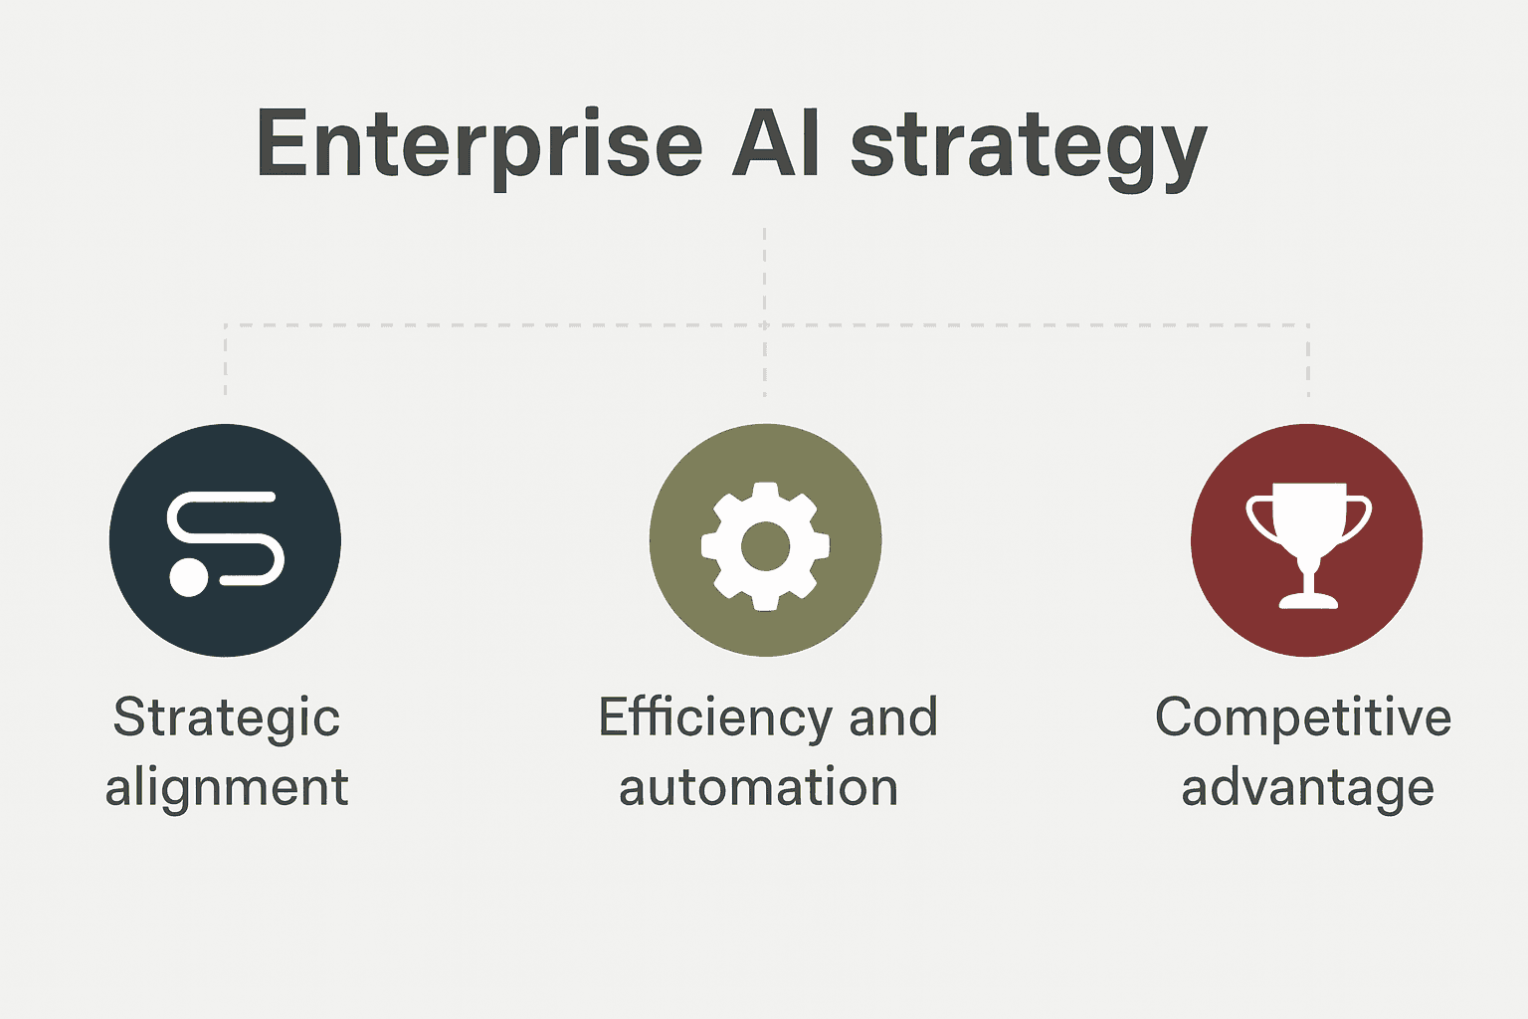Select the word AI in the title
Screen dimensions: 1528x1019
coord(775,142)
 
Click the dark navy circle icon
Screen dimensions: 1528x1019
coord(225,540)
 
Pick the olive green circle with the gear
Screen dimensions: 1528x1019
coord(765,540)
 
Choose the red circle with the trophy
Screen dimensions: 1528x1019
coord(1307,540)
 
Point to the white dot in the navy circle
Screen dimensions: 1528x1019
coord(188,577)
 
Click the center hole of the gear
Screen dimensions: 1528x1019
coord(765,546)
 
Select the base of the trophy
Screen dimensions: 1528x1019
coord(1308,601)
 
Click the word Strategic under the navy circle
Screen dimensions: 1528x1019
coord(227,719)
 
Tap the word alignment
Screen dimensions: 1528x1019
coord(227,788)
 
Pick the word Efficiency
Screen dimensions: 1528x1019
coord(715,719)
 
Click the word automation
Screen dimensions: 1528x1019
coord(758,787)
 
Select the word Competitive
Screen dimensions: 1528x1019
coord(1303,719)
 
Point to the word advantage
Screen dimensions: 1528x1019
coord(1308,788)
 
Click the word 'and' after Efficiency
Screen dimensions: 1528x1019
coord(893,716)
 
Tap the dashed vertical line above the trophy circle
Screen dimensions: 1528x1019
coord(1308,360)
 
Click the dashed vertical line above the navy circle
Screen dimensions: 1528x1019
coord(225,360)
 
